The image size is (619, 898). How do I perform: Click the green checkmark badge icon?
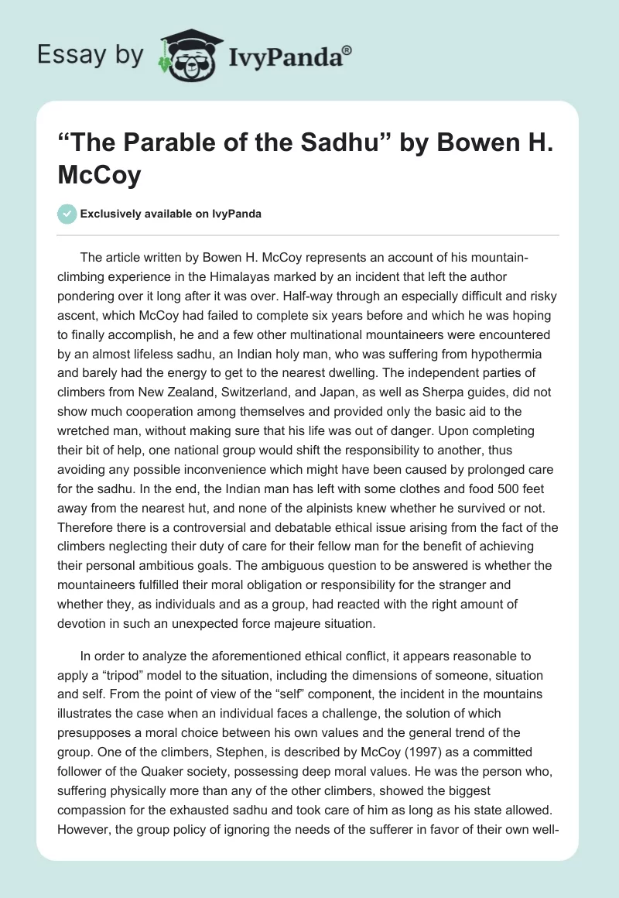pyautogui.click(x=67, y=214)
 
